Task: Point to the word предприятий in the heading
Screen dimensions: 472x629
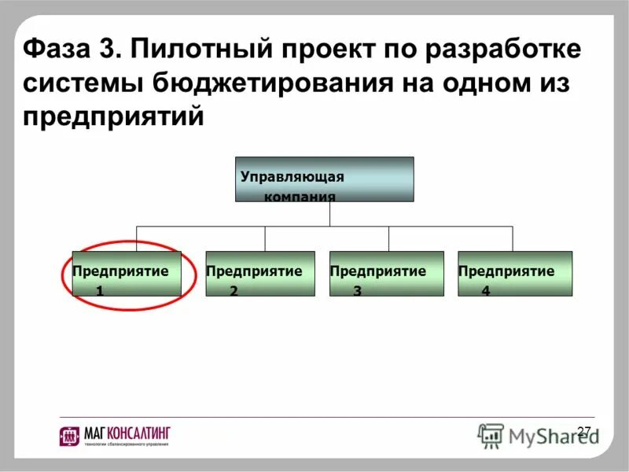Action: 113,116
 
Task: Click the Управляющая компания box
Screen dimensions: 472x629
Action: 324,179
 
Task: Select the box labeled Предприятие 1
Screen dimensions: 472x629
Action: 126,274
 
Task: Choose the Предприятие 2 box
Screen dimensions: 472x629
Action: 259,274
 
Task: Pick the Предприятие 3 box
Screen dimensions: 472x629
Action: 386,274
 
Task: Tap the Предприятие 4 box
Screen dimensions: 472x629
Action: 515,274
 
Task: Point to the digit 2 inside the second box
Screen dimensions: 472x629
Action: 234,291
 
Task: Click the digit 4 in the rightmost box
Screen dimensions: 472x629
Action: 485,291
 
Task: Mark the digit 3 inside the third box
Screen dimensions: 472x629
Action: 357,291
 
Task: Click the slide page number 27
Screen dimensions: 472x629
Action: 583,431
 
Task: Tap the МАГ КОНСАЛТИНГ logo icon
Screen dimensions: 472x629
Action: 68,436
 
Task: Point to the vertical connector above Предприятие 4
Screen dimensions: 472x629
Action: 513,239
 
